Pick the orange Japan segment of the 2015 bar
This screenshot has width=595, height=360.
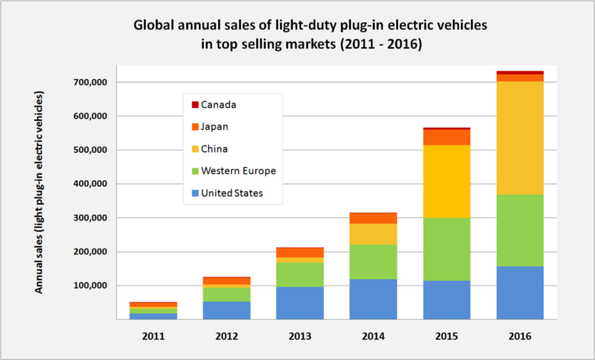tap(447, 137)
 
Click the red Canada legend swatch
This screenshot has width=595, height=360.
tap(195, 105)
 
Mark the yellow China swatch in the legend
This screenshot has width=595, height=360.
tap(195, 149)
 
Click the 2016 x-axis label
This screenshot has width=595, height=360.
tap(519, 336)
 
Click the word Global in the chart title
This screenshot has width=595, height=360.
tap(153, 25)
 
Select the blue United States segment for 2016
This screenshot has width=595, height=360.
tap(519, 292)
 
